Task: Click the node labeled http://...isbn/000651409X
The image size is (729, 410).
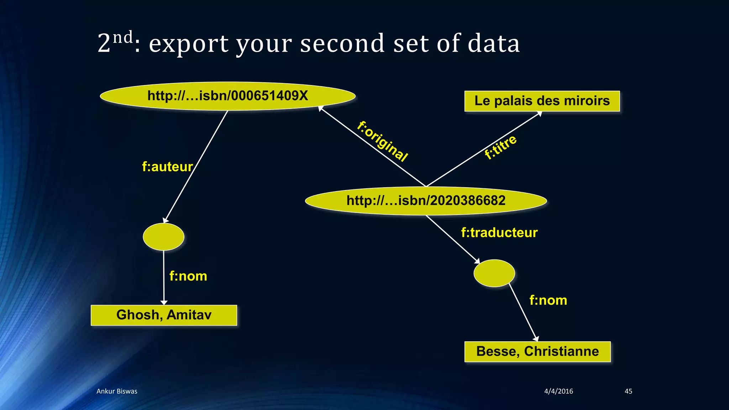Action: pyautogui.click(x=228, y=96)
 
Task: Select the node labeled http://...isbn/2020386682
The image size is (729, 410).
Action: pyautogui.click(x=426, y=201)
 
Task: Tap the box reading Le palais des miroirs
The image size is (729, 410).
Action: pyautogui.click(x=542, y=101)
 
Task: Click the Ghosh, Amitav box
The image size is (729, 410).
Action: pyautogui.click(x=164, y=315)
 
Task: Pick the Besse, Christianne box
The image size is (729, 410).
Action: pyautogui.click(x=537, y=352)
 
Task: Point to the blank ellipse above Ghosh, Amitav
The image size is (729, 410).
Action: pyautogui.click(x=163, y=237)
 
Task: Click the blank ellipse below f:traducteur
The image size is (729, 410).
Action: pyautogui.click(x=494, y=273)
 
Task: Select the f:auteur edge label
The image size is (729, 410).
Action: pyautogui.click(x=167, y=167)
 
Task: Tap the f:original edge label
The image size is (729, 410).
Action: pyautogui.click(x=382, y=141)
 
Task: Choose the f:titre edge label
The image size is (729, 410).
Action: pyautogui.click(x=500, y=147)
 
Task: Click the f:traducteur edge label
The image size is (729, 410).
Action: pyautogui.click(x=499, y=232)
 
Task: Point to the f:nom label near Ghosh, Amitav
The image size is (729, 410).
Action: pyautogui.click(x=188, y=276)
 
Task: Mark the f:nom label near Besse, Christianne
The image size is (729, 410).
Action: pyautogui.click(x=548, y=300)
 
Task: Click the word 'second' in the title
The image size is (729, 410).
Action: pyautogui.click(x=342, y=43)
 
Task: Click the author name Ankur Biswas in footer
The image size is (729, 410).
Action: pyautogui.click(x=117, y=391)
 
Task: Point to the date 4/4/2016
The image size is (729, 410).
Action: pyautogui.click(x=558, y=391)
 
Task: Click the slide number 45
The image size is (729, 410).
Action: pyautogui.click(x=628, y=391)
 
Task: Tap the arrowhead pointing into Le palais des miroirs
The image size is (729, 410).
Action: pyautogui.click(x=539, y=114)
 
